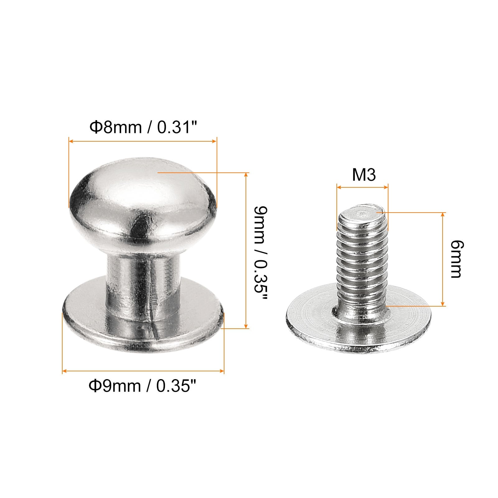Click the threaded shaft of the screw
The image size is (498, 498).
pos(363,260)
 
